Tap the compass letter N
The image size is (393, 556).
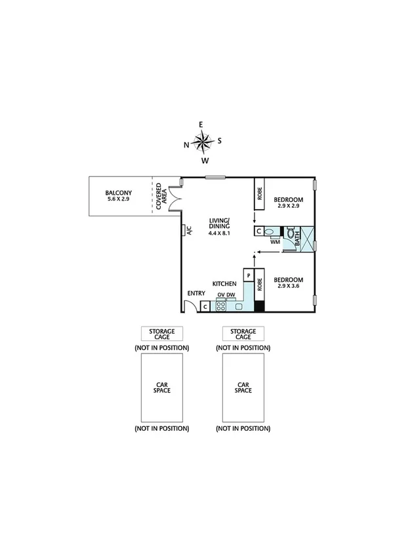click(186, 145)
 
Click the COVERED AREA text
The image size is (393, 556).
click(160, 195)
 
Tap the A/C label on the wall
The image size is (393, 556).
click(188, 230)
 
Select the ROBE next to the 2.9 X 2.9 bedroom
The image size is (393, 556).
click(259, 193)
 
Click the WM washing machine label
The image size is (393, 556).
click(275, 242)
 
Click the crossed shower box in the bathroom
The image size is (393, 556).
click(308, 238)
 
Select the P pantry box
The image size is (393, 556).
click(249, 276)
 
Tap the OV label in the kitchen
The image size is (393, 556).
click(221, 295)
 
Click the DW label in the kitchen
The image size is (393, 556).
click(231, 295)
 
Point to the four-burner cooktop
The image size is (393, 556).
click(222, 305)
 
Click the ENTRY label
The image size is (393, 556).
click(196, 293)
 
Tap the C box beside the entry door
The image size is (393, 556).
click(205, 306)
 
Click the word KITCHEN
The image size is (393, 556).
click(224, 283)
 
